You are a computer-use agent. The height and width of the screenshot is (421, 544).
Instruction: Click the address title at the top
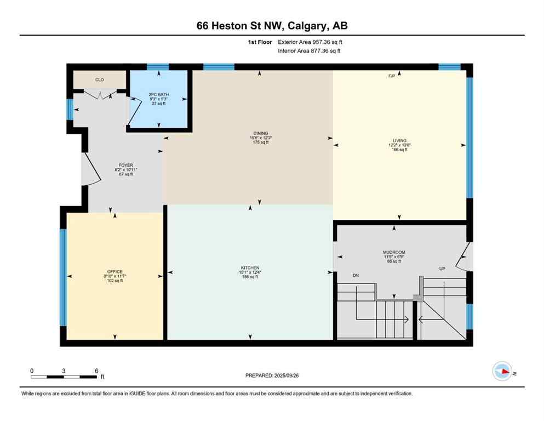pos(272,26)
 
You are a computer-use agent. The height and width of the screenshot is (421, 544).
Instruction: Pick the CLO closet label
pos(99,80)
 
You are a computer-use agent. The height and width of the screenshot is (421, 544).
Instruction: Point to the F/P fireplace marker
pos(392,76)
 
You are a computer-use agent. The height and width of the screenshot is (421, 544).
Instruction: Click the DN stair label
pos(356,275)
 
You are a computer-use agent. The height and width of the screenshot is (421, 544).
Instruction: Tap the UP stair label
pos(442,269)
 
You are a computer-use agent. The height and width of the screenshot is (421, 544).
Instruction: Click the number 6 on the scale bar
pos(96,371)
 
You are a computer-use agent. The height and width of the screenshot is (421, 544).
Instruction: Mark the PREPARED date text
pos(272,376)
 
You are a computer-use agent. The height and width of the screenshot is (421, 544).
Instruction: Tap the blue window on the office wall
pos(63,277)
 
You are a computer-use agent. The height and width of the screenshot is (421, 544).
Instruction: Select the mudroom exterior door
pos(465,257)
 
